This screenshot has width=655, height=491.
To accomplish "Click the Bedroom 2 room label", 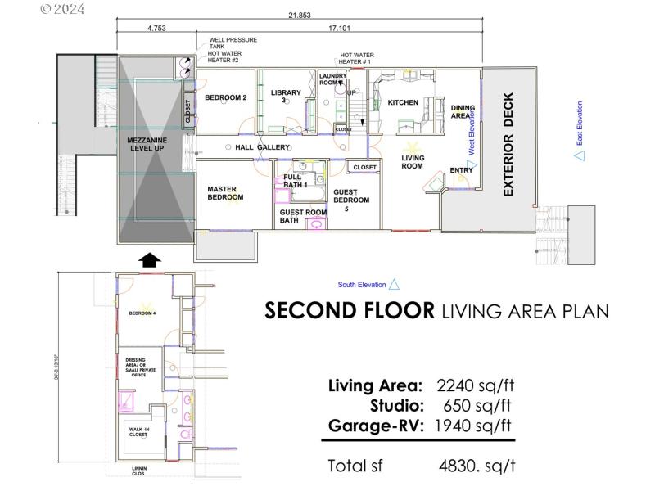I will pyautogui.click(x=225, y=98).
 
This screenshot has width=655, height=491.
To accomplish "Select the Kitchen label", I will pyautogui.click(x=403, y=102).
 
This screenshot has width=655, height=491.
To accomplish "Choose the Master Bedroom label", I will pyautogui.click(x=225, y=193).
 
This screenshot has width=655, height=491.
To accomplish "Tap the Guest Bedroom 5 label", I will pyautogui.click(x=350, y=200).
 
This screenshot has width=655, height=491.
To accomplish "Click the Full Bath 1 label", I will pyautogui.click(x=295, y=181).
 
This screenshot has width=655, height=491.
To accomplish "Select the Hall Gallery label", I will pyautogui.click(x=262, y=147).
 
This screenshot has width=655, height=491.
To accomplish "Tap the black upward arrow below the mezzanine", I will pyautogui.click(x=149, y=259).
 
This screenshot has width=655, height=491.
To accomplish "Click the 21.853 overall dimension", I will pyautogui.click(x=299, y=16).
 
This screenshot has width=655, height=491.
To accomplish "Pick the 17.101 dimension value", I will pyautogui.click(x=341, y=28).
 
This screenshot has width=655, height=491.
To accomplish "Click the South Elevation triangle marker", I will pyautogui.click(x=394, y=284).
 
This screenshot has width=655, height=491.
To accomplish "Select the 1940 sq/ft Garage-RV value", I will pyautogui.click(x=475, y=425).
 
